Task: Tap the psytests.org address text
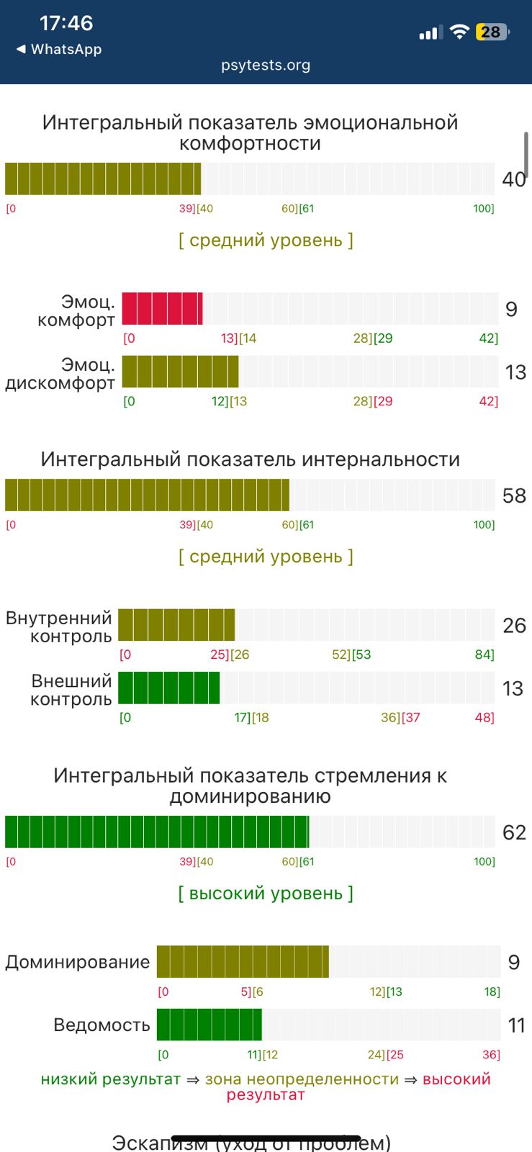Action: click(266, 65)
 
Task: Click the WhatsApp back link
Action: click(59, 49)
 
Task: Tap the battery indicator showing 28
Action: click(492, 32)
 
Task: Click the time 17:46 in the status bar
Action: click(66, 23)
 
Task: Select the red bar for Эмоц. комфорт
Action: click(163, 308)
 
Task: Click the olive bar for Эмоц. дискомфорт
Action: click(180, 372)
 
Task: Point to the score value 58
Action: click(514, 495)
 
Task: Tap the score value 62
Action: click(514, 832)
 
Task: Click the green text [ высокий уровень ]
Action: click(266, 894)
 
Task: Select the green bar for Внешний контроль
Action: click(169, 688)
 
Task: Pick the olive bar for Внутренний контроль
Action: click(176, 625)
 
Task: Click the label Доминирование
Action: click(78, 962)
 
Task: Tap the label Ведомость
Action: click(102, 1025)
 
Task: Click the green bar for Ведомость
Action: click(209, 1025)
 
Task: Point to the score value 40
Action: click(514, 179)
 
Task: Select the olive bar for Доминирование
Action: click(243, 962)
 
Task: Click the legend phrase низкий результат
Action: click(110, 1079)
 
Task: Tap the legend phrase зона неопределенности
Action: click(302, 1079)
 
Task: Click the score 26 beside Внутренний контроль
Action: click(514, 625)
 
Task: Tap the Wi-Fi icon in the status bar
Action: click(459, 32)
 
